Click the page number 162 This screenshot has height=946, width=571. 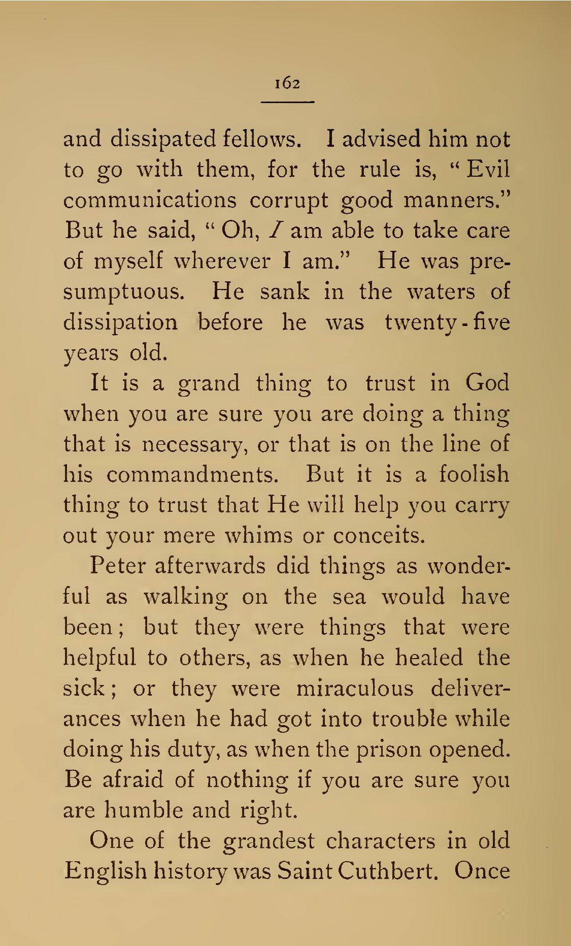pyautogui.click(x=287, y=83)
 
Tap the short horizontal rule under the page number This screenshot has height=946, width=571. pyautogui.click(x=287, y=103)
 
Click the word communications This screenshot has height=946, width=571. pyautogui.click(x=150, y=200)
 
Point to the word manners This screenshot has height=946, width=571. pyautogui.click(x=455, y=200)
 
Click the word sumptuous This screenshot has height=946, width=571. pyautogui.click(x=123, y=292)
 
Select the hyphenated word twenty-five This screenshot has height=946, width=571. pyautogui.click(x=447, y=323)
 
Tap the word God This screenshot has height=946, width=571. pyautogui.click(x=487, y=382)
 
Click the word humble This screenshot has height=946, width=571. pyautogui.click(x=134, y=810)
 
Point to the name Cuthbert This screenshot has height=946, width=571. pyautogui.click(x=387, y=871)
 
